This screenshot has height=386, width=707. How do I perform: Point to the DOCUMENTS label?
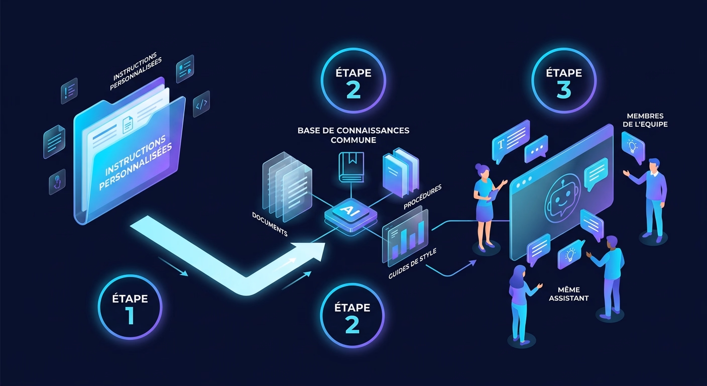(x=270, y=224)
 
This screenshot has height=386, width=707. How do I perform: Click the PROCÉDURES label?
(x=423, y=197)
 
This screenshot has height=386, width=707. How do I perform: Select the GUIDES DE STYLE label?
(x=412, y=264)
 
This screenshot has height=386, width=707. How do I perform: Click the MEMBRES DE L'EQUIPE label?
(x=645, y=120)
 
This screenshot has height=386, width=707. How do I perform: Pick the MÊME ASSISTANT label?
(x=569, y=294)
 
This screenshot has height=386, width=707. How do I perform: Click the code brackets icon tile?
(x=201, y=104)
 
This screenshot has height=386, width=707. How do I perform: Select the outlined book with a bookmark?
(x=351, y=167)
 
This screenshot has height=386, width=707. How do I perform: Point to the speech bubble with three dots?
(x=536, y=149)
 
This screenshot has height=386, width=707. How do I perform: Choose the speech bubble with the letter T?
(x=510, y=141)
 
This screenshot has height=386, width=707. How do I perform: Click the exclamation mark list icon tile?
(x=69, y=91)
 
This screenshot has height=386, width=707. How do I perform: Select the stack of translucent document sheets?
(x=287, y=187)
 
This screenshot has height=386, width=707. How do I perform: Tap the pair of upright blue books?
(x=401, y=172)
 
